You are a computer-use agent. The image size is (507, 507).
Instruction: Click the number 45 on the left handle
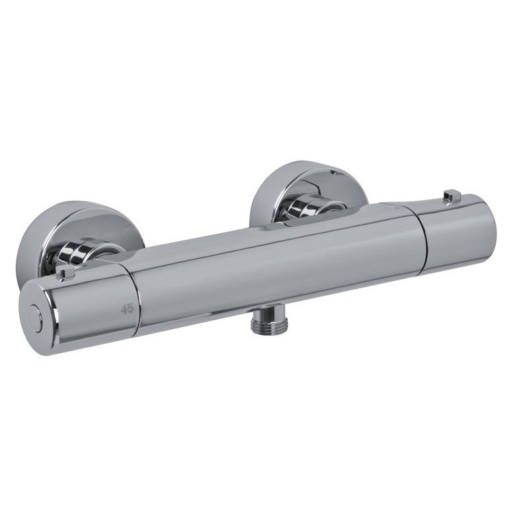click(127, 309)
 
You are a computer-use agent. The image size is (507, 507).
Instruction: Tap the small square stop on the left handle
click(65, 273)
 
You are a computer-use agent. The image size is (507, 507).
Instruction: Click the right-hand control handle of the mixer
click(456, 234)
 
